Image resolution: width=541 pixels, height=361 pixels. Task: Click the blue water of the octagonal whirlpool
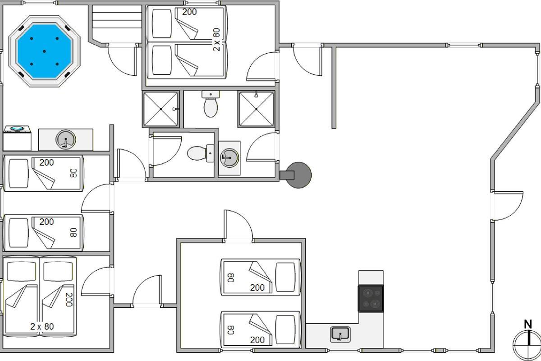tap(44, 51)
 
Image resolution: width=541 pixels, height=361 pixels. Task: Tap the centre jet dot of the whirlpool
tap(45, 51)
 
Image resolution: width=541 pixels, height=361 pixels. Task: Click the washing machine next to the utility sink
tap(17, 138)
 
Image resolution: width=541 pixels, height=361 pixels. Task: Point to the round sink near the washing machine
tap(66, 139)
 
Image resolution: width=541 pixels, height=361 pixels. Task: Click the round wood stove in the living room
tap(298, 175)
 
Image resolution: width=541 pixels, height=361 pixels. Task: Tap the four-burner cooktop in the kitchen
tap(371, 299)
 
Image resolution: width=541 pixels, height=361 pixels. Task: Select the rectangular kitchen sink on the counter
tap(340, 334)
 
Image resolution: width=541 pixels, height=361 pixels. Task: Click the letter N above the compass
tap(528, 324)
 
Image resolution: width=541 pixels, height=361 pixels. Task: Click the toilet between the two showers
tap(211, 104)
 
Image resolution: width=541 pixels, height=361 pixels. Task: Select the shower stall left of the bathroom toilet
tap(161, 109)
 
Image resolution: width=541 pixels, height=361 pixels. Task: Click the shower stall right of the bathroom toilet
tap(256, 109)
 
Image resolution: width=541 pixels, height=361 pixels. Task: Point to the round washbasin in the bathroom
tap(229, 157)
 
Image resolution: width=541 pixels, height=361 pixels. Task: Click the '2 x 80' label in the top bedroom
tap(217, 39)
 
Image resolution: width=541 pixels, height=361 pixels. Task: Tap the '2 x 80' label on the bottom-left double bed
tap(42, 326)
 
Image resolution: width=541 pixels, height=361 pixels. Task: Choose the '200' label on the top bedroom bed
tap(189, 12)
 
